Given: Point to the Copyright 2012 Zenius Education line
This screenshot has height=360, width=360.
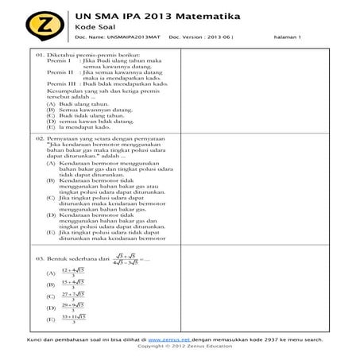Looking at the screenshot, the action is (x=180, y=346).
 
